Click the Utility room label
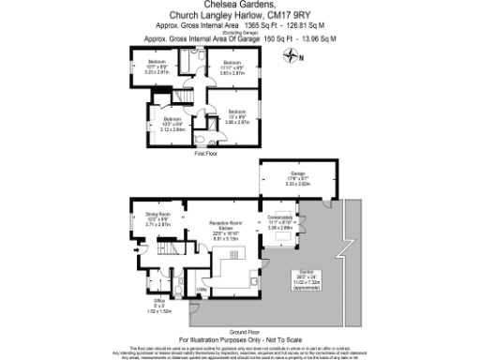[202, 290]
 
